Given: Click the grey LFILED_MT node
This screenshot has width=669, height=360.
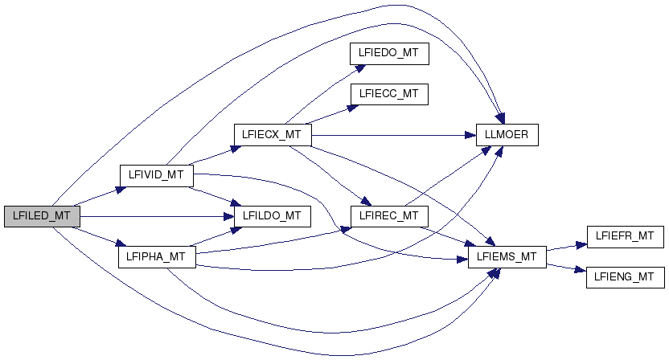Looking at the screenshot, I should point(42,216).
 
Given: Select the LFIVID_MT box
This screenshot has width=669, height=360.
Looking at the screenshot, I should point(156,174).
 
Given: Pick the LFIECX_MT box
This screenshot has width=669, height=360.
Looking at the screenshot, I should point(271,134).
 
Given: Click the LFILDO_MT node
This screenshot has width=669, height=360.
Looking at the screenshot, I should point(272,216).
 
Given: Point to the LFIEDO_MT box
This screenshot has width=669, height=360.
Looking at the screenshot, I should point(388,53).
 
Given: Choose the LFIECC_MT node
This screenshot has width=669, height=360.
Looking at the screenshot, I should point(388,93).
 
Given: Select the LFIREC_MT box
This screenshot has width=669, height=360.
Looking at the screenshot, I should point(388,216).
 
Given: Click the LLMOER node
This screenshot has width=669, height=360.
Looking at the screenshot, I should point(506,134).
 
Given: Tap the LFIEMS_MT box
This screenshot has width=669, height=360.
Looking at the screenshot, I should point(507,257).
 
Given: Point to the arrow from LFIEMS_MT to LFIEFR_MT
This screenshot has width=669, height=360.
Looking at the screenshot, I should point(567,247).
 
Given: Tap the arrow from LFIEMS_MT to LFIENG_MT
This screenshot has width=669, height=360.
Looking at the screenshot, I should point(567,268).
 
